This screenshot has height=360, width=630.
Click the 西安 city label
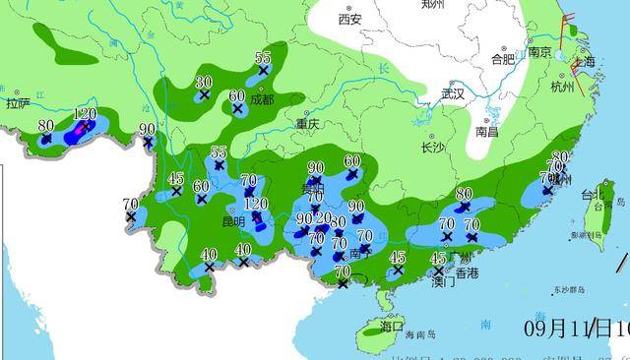pos(349,20)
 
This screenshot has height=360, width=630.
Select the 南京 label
pos(538,53)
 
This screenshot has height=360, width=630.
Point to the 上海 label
pos(585,62)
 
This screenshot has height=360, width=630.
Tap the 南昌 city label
pos(486,131)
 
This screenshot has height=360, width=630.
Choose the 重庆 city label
pos(308,125)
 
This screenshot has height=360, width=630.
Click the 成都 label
pos(263,99)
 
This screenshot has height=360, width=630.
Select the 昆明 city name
pos(233,222)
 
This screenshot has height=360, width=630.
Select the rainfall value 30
pos(204,82)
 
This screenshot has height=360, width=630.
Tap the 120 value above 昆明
pos(256,204)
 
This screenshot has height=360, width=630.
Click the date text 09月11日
pos(565,327)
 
